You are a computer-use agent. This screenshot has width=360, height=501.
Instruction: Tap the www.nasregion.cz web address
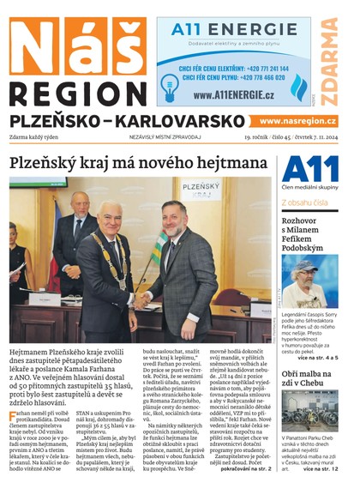(297, 122)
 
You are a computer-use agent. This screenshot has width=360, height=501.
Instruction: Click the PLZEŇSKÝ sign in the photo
(202, 185)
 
